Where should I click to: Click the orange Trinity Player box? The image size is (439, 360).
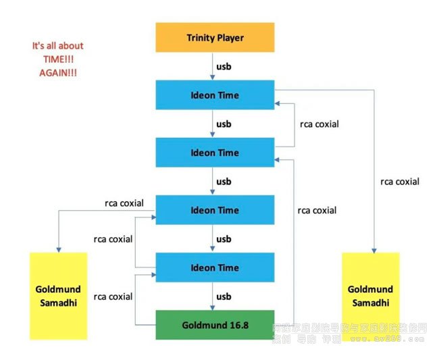coord(215,38)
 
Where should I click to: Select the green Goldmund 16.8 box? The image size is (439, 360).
coord(215,325)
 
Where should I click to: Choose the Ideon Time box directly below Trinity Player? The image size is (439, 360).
coord(215,95)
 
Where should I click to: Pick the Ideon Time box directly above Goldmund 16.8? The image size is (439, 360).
coord(215,267)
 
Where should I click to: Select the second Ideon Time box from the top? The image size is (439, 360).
coord(215,153)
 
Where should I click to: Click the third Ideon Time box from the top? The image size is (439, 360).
coord(215,210)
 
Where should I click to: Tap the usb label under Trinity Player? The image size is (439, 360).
coord(224,67)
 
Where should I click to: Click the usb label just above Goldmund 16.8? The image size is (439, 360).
coord(224,297)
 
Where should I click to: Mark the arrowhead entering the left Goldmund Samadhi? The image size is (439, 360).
coord(59,249)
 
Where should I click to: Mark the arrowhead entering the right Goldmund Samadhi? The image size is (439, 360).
coord(371,249)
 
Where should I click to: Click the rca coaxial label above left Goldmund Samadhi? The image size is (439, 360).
coord(124,202)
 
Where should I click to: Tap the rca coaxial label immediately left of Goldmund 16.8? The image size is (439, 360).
coord(113,297)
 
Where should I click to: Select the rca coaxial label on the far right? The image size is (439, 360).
coord(400,181)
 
